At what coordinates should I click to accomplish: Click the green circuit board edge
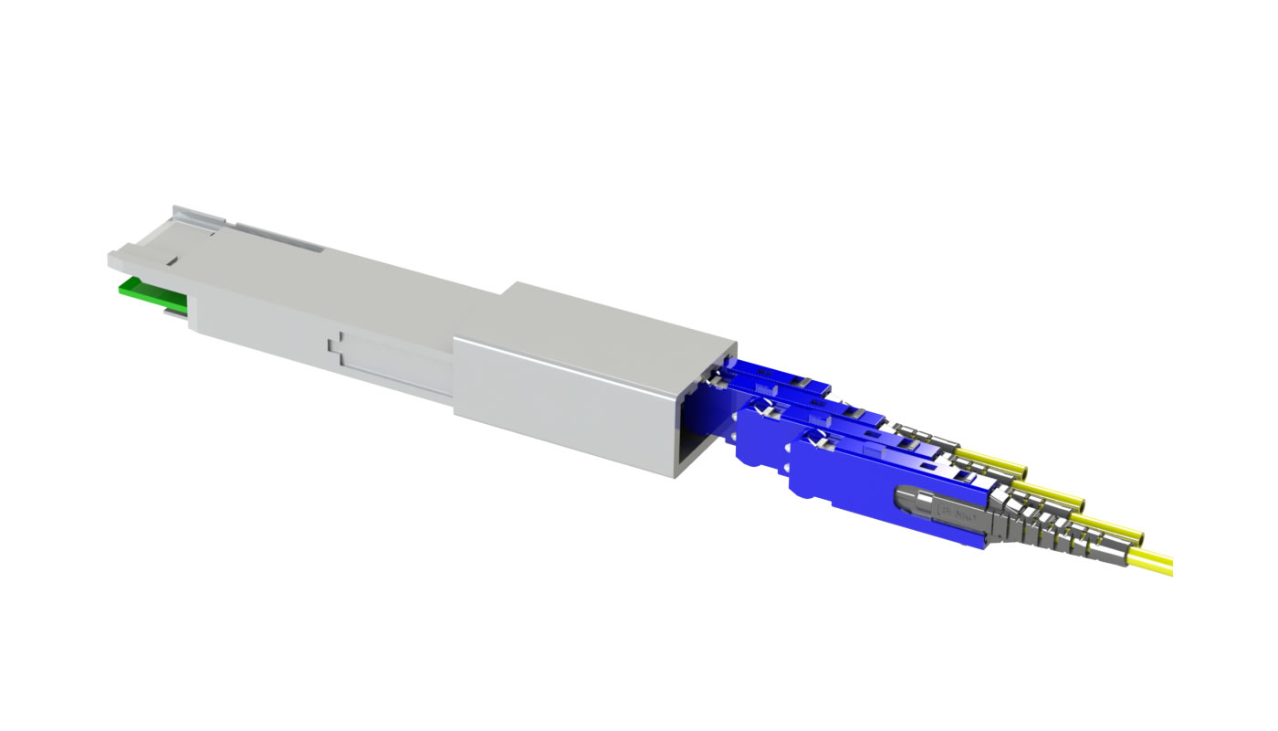[151, 295]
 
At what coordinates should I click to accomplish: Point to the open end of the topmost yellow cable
[1022, 474]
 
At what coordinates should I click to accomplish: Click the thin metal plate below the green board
[173, 313]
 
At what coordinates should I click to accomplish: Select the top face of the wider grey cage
[612, 315]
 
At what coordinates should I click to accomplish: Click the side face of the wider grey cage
[566, 402]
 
